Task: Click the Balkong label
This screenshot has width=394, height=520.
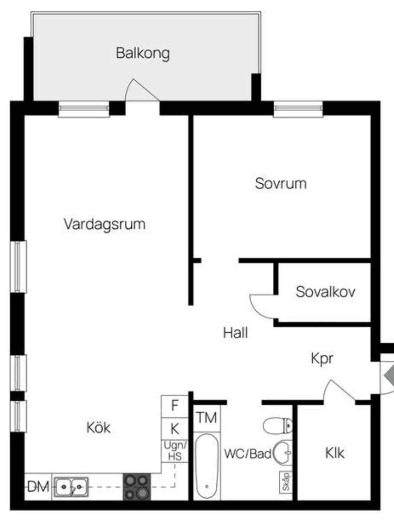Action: coord(143,53)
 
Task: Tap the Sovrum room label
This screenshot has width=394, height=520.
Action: coord(281,183)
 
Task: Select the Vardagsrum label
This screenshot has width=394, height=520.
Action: coord(105,224)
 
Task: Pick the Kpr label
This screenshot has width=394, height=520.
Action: coord(322,359)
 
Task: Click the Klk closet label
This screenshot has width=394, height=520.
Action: coord(335,453)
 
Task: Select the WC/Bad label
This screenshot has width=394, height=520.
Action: coord(248,454)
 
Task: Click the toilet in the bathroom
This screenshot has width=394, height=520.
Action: coord(278,426)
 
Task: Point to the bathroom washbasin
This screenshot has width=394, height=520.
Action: coord(283,453)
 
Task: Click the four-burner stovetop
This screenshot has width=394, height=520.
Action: coord(137,487)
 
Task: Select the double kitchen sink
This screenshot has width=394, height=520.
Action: coord(72,487)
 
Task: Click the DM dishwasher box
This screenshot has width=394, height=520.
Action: coord(38,487)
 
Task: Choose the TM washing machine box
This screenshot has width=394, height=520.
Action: coord(207,418)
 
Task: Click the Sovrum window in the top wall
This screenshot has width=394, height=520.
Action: coord(298,109)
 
